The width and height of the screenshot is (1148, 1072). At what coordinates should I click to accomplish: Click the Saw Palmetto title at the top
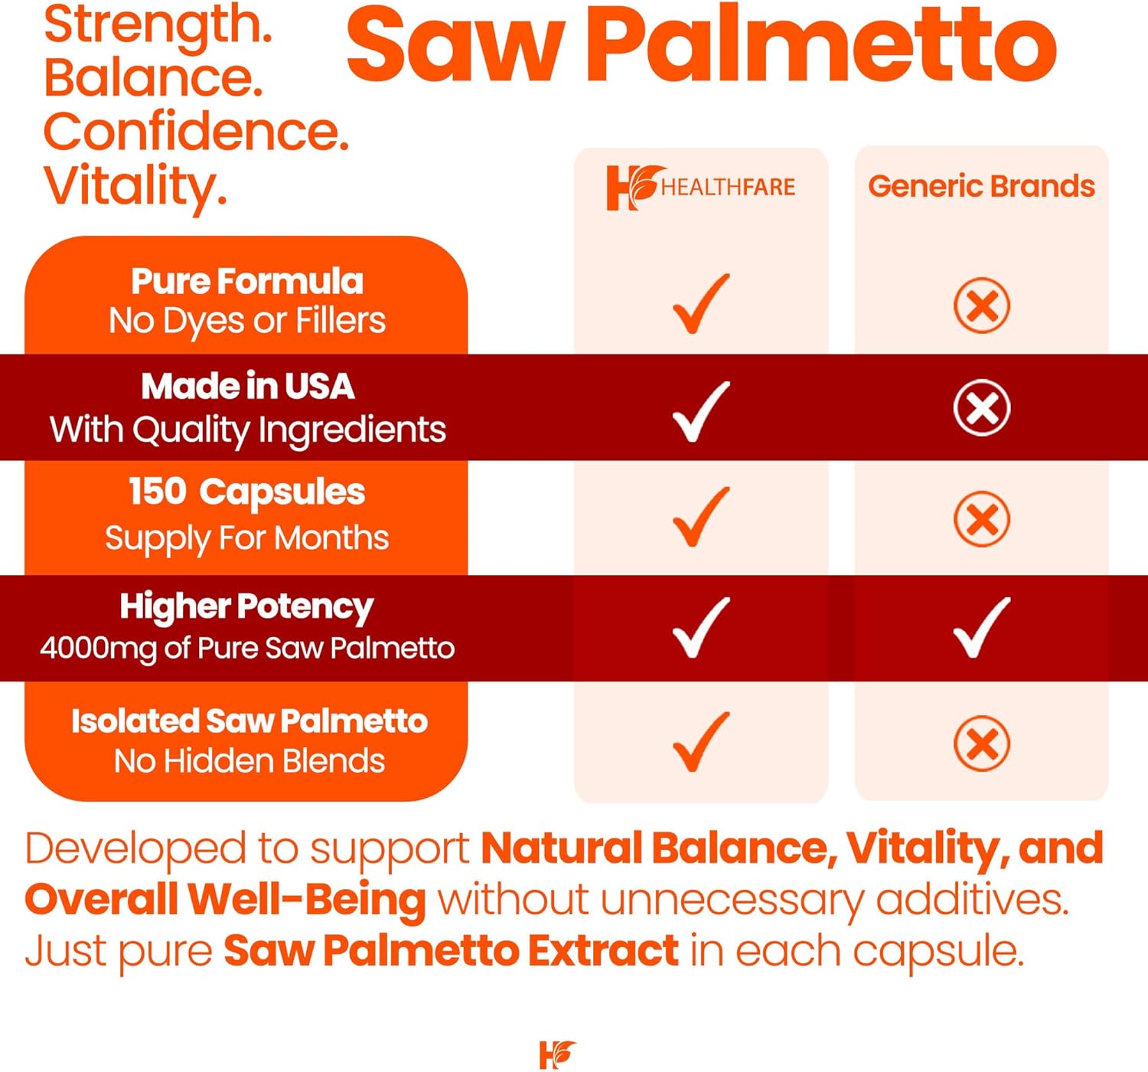[x=702, y=45]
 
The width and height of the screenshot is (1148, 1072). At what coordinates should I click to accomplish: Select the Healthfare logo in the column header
[x=700, y=188]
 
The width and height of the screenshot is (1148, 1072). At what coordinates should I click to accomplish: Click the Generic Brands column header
[x=981, y=186]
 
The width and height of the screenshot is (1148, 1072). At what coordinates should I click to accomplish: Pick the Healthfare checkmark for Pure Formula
[x=700, y=303]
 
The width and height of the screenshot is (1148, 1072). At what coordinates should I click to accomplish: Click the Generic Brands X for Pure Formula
[x=981, y=305]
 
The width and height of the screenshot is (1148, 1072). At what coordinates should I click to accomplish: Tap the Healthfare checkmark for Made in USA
[x=700, y=410]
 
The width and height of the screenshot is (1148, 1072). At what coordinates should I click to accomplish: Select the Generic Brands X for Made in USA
[x=981, y=408]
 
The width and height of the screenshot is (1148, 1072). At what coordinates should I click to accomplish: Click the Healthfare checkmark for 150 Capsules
[x=700, y=517]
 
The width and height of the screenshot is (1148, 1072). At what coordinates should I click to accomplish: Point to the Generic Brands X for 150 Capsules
[x=981, y=518]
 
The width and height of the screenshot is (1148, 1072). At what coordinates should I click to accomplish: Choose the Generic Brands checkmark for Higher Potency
[x=981, y=627]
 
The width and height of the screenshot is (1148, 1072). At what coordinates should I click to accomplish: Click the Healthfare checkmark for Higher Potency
[x=700, y=627]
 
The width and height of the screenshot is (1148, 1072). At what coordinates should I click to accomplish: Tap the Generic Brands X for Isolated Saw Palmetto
[x=981, y=743]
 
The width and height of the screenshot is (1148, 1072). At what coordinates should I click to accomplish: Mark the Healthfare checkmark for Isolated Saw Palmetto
[x=700, y=741]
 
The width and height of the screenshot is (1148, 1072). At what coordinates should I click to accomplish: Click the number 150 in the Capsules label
[x=157, y=492]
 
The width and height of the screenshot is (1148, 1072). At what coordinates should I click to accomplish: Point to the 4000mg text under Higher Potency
[x=99, y=648]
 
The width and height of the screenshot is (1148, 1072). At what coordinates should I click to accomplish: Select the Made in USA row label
[x=248, y=387]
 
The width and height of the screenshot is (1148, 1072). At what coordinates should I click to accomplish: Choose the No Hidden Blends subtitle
[x=249, y=761]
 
